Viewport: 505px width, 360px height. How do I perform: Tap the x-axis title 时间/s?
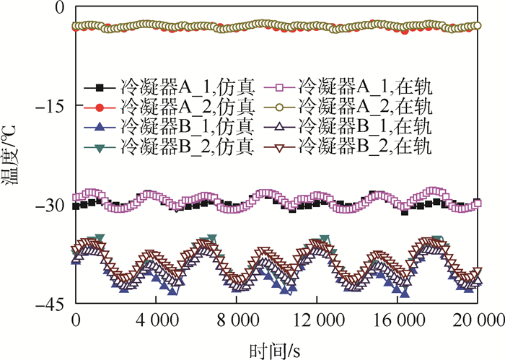click(277, 348)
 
